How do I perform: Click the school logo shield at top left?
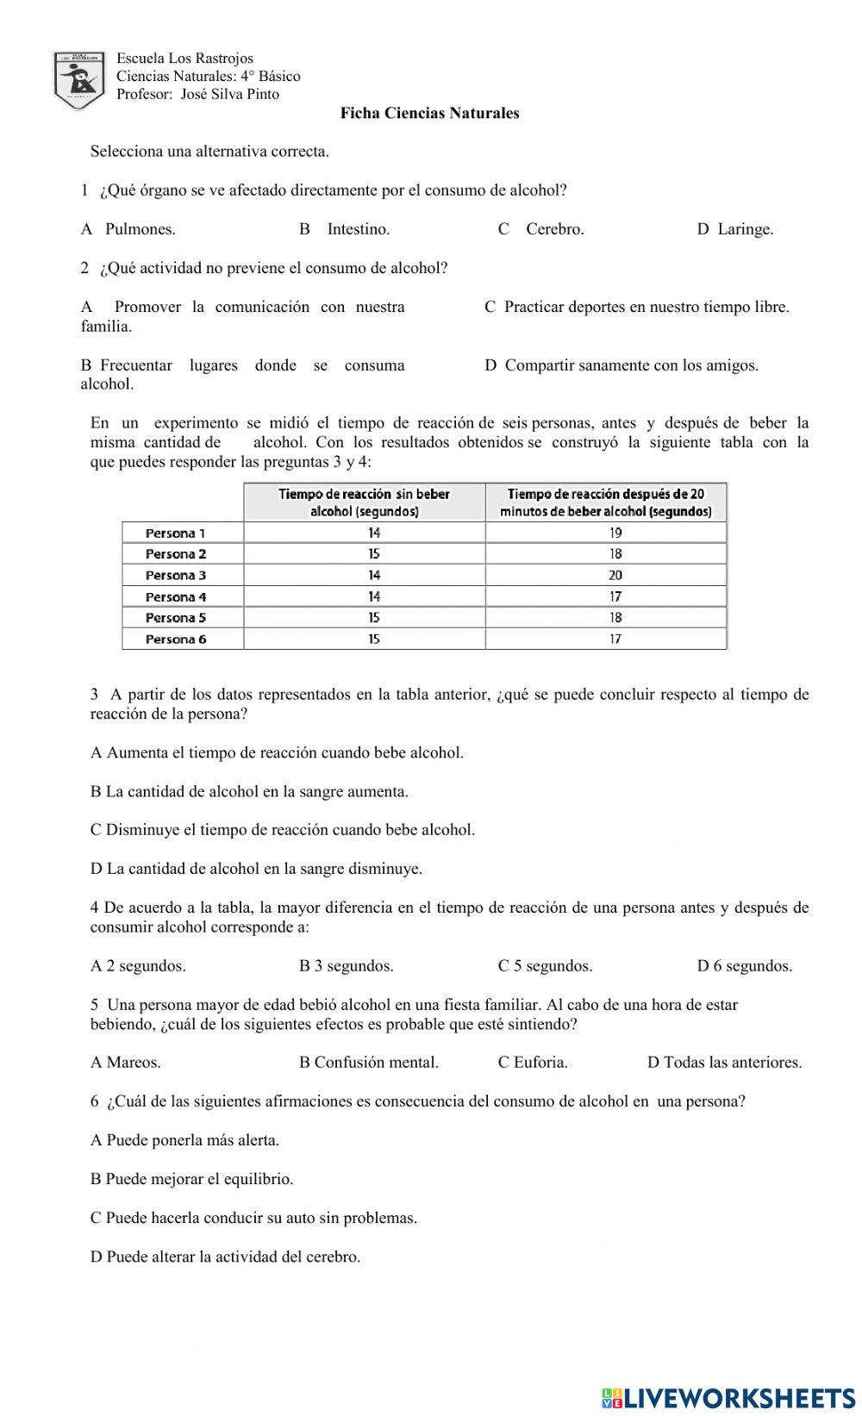pyautogui.click(x=79, y=79)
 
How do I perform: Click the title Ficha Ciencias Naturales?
pyautogui.click(x=429, y=113)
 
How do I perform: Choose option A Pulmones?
pyautogui.click(x=128, y=229)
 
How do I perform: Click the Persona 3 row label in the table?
pyautogui.click(x=176, y=576)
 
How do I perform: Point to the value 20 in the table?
pyautogui.click(x=615, y=576)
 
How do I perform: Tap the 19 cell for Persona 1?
pyautogui.click(x=615, y=533)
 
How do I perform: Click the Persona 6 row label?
pyautogui.click(x=176, y=639)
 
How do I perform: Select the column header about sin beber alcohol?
pyautogui.click(x=364, y=502)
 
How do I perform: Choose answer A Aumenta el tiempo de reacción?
pyautogui.click(x=277, y=753)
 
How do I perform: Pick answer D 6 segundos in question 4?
pyautogui.click(x=744, y=966)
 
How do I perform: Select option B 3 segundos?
pyautogui.click(x=346, y=966)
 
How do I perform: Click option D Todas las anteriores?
pyautogui.click(x=724, y=1063)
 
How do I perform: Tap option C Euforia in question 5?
pyautogui.click(x=533, y=1063)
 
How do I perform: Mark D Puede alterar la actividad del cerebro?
pyautogui.click(x=225, y=1257)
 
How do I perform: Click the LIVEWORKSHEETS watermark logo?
pyautogui.click(x=728, y=1397)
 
